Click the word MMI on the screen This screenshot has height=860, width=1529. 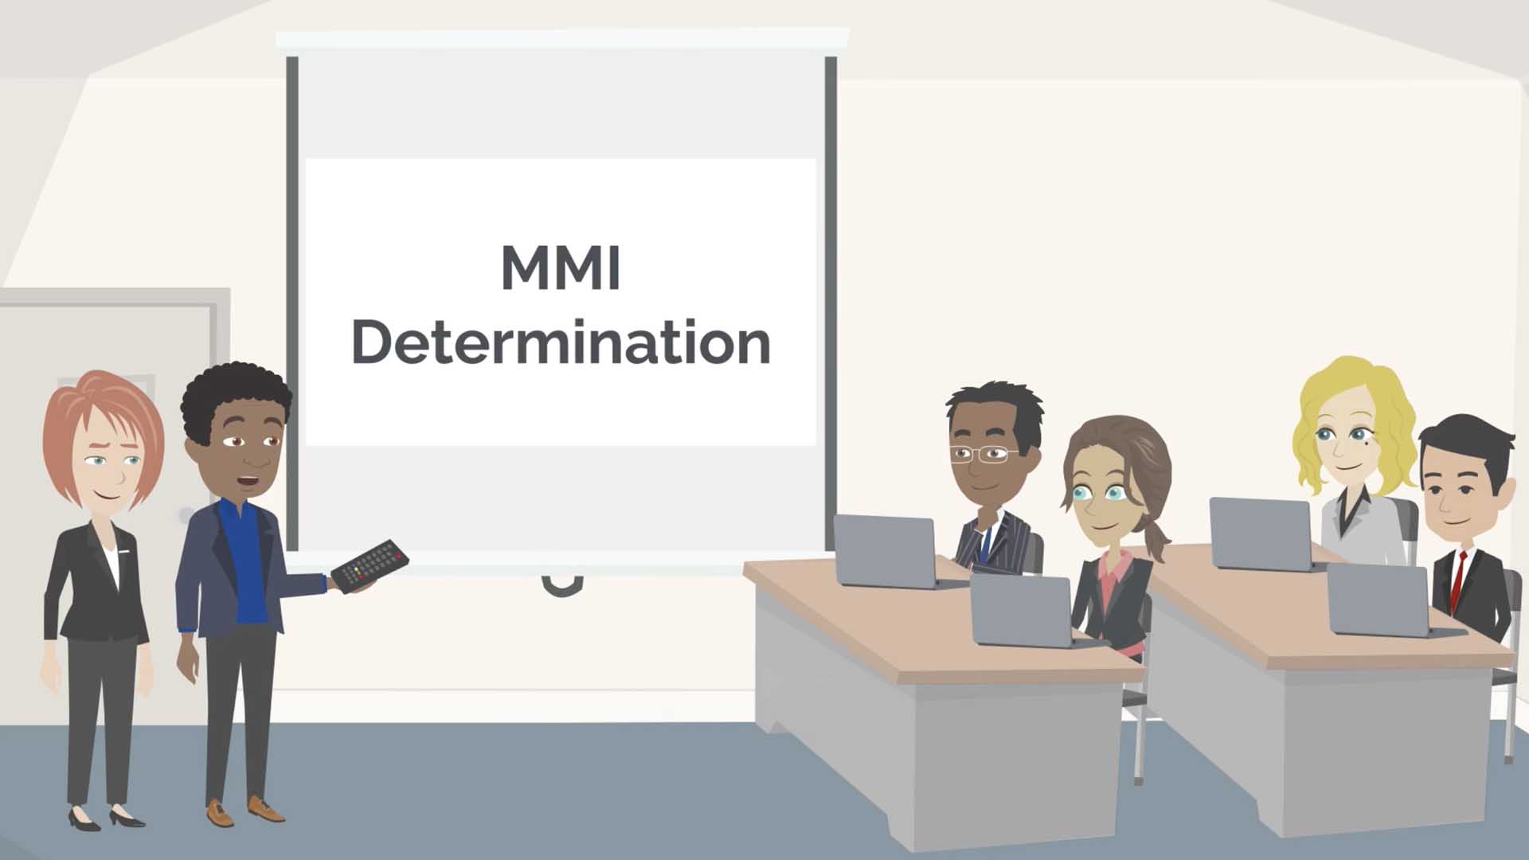560,268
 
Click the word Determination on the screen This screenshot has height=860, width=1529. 561,342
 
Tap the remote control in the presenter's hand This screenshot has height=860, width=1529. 370,565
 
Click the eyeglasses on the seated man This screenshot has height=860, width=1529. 980,455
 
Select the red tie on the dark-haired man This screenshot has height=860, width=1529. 1457,577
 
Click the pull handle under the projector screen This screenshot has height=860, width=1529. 561,585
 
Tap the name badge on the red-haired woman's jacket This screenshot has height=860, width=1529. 125,550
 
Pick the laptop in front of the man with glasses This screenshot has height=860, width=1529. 886,550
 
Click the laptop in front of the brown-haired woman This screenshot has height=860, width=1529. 1022,610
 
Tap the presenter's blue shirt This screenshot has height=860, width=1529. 244,565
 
